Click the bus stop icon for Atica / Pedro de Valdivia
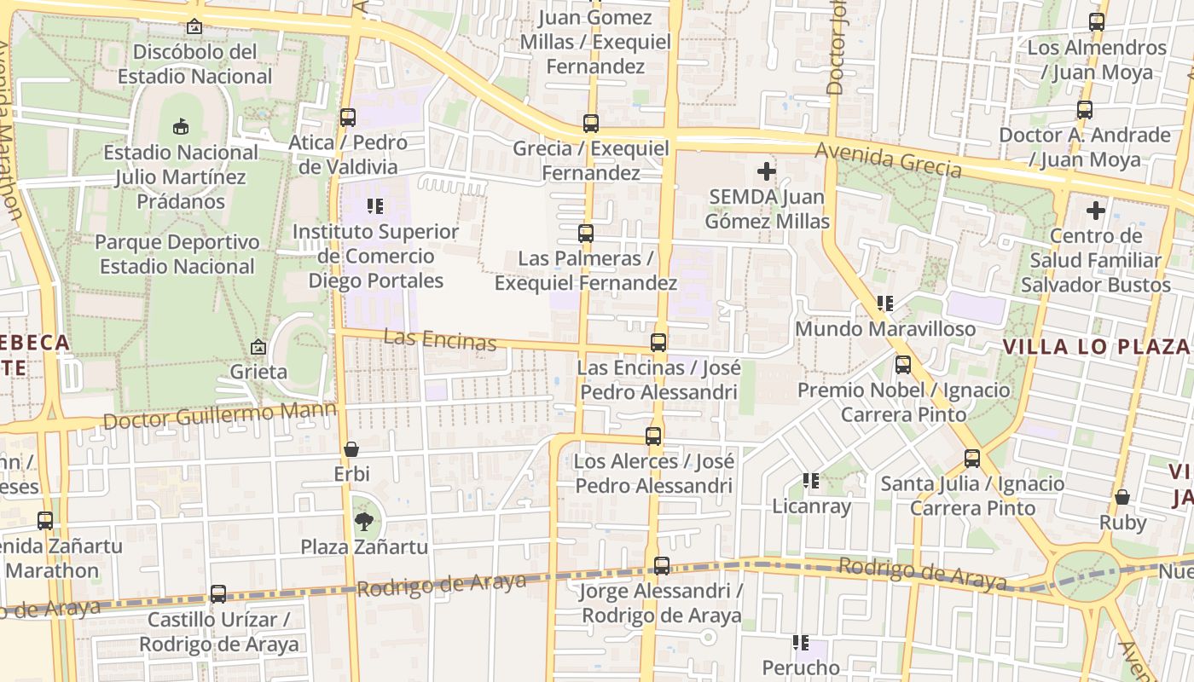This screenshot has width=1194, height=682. coord(348,118)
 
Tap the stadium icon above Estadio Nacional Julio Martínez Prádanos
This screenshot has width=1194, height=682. coord(180,127)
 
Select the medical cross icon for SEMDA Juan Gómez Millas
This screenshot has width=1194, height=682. coord(767,171)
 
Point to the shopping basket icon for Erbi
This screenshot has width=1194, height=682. coord(351,448)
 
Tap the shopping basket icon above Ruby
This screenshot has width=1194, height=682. coord(1122,496)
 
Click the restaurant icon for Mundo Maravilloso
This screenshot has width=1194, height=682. coord(885,303)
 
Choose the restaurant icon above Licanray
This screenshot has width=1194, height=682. coord(811,481)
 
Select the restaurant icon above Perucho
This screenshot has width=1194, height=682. coord(800,642)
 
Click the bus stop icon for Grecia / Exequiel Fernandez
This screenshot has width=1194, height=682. coord(591,124)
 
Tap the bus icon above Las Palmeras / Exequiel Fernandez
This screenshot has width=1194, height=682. coord(586,233)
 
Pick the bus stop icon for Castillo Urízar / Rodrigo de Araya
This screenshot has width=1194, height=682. coord(218,594)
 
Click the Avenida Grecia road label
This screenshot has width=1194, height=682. coord(889,159)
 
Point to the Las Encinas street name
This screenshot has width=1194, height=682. coord(439,339)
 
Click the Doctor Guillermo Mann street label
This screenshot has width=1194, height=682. coord(220,416)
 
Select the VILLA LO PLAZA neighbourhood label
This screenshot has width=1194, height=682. coord(1095,346)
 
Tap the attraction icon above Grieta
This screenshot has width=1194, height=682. coord(258,347)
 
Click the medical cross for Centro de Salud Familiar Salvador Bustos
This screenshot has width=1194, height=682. coord(1096,210)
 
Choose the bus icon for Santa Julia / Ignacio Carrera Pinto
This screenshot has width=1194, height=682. coord(972,459)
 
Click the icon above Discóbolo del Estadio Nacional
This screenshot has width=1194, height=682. coord(194,26)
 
